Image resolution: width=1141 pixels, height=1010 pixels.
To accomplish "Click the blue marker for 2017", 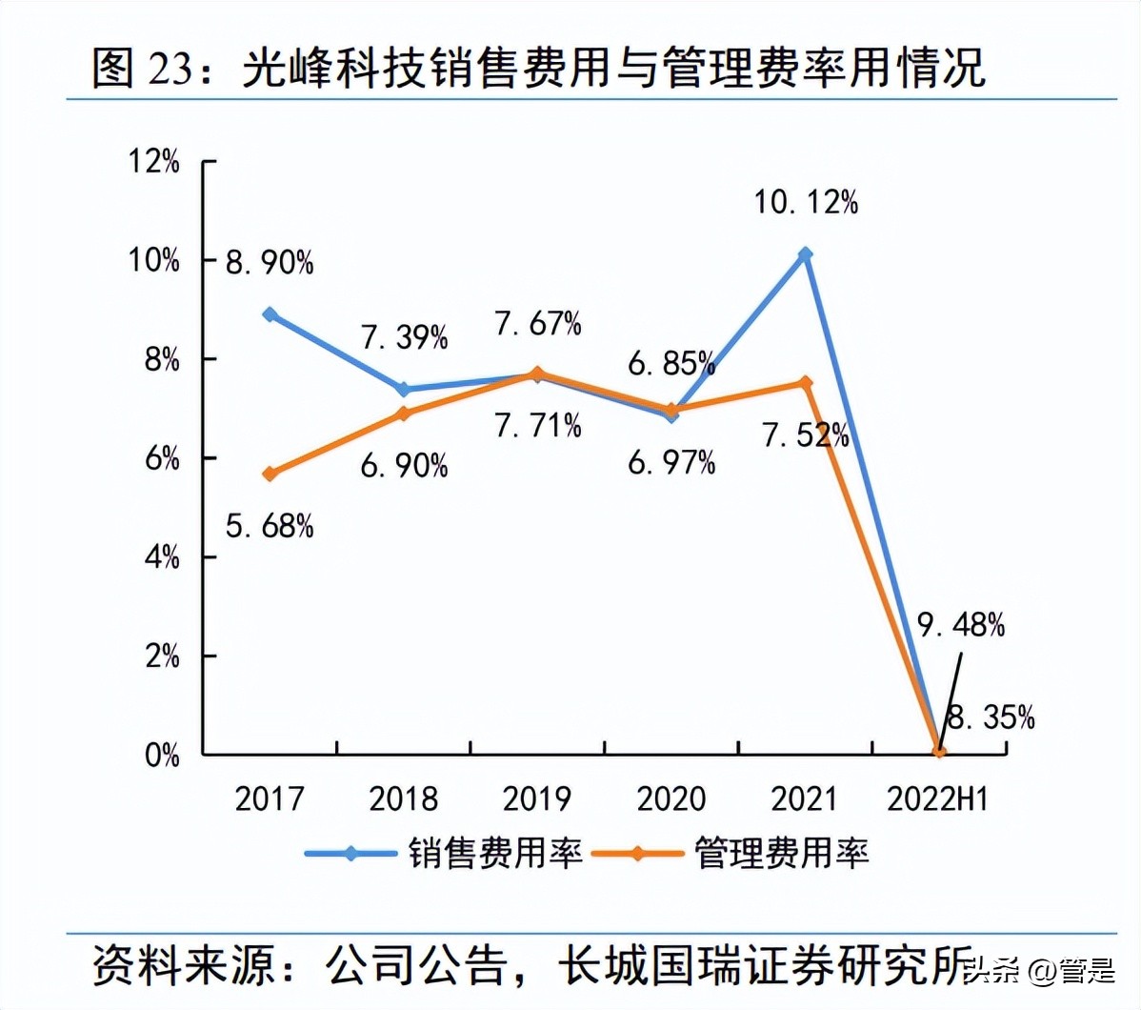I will pyautogui.click(x=270, y=314).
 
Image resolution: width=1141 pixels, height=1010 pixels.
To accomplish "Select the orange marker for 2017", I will pyautogui.click(x=270, y=474).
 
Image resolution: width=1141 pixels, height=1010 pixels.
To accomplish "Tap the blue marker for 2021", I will pyautogui.click(x=806, y=254).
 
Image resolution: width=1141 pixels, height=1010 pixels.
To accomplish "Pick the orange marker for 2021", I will pyautogui.click(x=806, y=383).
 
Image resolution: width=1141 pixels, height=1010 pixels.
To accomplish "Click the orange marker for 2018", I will pyautogui.click(x=404, y=414).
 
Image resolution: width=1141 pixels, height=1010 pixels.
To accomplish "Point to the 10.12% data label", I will pyautogui.click(x=806, y=202).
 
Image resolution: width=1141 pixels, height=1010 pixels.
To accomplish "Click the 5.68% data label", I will pyautogui.click(x=270, y=525).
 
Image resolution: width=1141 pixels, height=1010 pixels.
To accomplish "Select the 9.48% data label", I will pyautogui.click(x=960, y=625).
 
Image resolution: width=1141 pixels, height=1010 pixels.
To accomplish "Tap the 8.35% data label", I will pyautogui.click(x=991, y=717).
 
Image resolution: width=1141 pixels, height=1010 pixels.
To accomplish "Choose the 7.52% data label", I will pyautogui.click(x=805, y=435).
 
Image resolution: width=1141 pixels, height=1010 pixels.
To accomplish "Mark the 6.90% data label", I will pyautogui.click(x=404, y=466).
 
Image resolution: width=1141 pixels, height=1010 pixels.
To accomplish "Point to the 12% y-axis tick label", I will pyautogui.click(x=154, y=162).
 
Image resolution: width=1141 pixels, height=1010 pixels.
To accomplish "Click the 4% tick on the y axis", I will pyautogui.click(x=162, y=557).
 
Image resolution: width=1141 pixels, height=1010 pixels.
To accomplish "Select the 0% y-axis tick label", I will pyautogui.click(x=162, y=756).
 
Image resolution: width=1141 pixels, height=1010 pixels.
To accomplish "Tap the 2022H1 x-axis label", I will pyautogui.click(x=937, y=799).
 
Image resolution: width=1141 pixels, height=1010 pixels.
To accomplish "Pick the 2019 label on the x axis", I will pyautogui.click(x=537, y=799).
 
